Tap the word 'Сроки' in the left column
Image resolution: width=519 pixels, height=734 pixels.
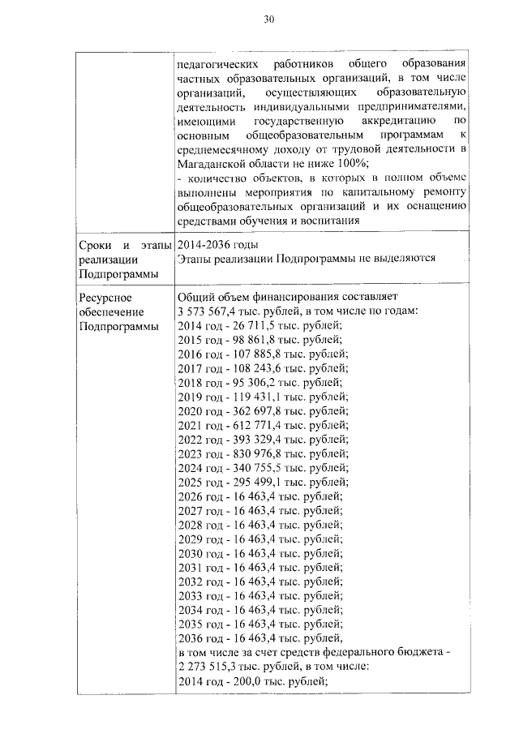coord(97,244)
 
